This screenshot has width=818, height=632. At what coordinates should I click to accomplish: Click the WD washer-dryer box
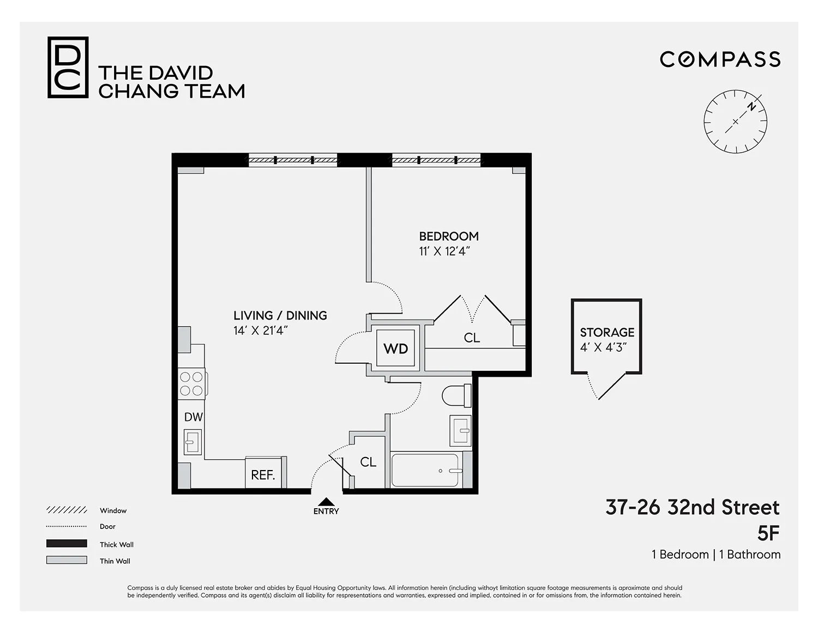tap(396, 348)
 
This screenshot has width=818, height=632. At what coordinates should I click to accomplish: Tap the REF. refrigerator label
tap(263, 475)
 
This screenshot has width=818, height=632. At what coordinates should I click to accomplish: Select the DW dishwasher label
tap(193, 417)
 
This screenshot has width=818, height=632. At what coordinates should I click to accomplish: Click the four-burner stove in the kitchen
tap(192, 383)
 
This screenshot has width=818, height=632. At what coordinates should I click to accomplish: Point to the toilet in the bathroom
tap(456, 395)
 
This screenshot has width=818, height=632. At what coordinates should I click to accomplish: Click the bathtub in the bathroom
tap(425, 471)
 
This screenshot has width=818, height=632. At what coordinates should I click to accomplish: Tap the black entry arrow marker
tap(326, 502)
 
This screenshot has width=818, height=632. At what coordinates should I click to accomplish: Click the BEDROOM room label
tap(449, 236)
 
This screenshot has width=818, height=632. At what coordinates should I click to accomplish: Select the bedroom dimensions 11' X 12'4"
tap(444, 251)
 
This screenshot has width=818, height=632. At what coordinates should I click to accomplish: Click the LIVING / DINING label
tap(280, 315)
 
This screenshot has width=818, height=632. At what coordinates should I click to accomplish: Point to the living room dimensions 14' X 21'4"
tap(261, 330)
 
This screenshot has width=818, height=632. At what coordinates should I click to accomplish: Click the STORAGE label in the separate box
tap(607, 332)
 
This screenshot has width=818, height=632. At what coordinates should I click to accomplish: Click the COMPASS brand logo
tap(720, 59)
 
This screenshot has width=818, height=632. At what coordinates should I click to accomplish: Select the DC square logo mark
tap(68, 68)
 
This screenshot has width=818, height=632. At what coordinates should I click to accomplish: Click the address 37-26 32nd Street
tap(693, 508)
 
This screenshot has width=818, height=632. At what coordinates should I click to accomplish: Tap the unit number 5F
tap(768, 533)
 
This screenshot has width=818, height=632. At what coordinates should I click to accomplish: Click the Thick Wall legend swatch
tap(67, 543)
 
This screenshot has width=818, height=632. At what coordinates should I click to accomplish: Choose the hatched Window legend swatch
tap(67, 510)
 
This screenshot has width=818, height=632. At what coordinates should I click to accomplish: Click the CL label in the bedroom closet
tap(472, 338)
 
